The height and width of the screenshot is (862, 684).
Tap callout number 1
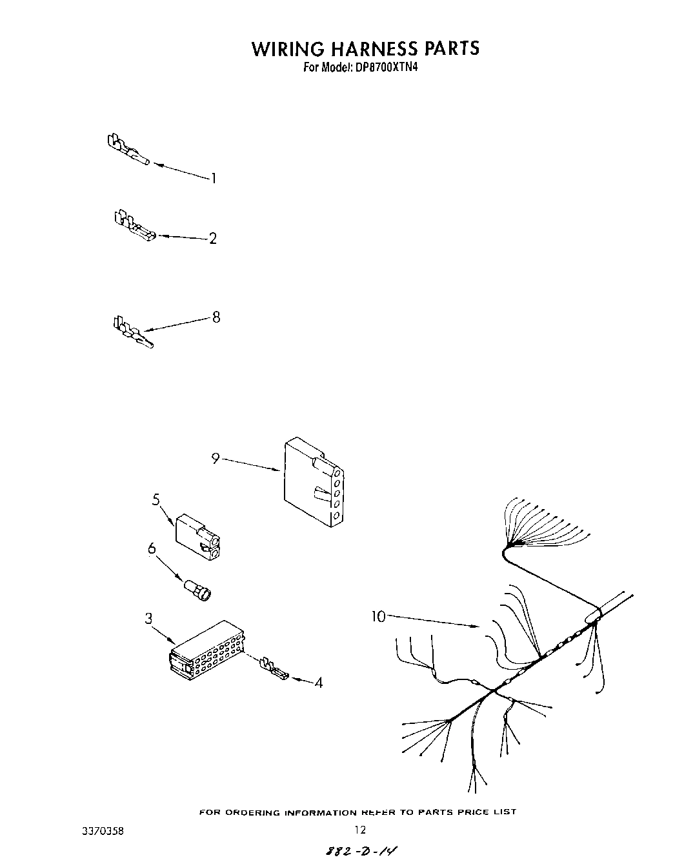click(x=214, y=178)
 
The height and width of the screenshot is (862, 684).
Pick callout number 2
click(x=212, y=238)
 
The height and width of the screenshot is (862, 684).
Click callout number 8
click(x=216, y=317)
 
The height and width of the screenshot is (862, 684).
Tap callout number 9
click(x=216, y=458)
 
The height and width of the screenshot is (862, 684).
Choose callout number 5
click(x=156, y=500)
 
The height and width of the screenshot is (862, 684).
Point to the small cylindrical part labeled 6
click(x=199, y=591)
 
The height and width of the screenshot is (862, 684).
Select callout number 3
click(x=148, y=619)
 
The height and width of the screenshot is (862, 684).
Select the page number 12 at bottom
click(x=360, y=830)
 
